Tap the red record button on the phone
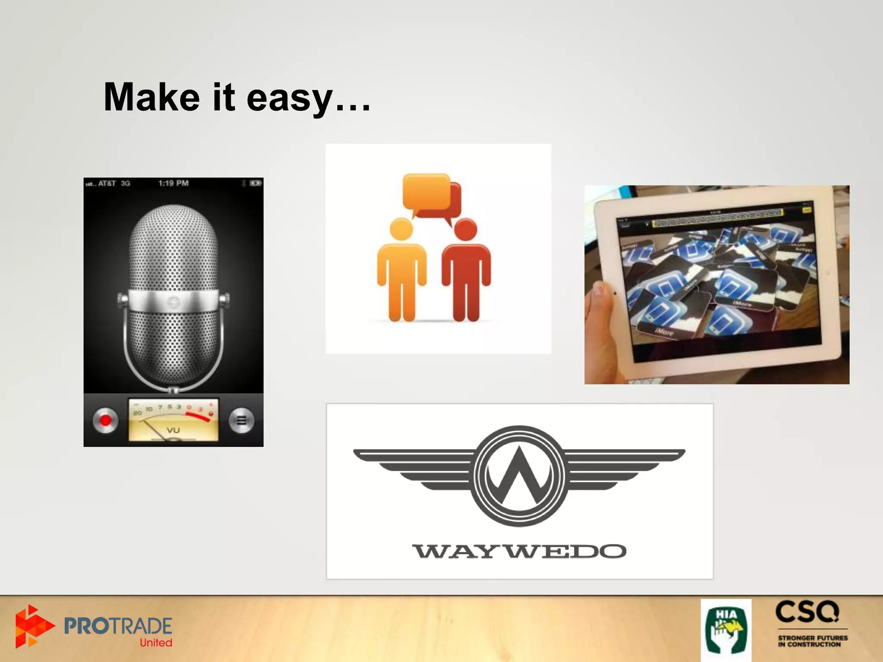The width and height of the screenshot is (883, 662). [x=105, y=420]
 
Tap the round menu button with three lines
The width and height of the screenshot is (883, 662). [x=241, y=420]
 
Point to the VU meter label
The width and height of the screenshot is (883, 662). [x=173, y=430]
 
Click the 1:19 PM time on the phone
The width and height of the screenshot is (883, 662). [x=173, y=183]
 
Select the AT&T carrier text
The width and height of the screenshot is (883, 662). [x=107, y=184]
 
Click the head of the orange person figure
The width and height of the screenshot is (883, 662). [x=401, y=228]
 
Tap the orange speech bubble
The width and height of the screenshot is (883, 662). [x=426, y=191]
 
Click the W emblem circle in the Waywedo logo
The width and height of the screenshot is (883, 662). [x=519, y=476]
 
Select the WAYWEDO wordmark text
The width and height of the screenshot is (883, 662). [x=519, y=551]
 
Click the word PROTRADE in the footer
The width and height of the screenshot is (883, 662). [x=118, y=626]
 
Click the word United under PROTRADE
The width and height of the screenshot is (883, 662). [x=156, y=643]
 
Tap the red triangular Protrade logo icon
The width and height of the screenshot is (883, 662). [x=32, y=626]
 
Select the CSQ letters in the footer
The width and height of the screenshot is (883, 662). [x=807, y=612]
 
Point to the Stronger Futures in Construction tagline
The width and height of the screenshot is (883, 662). [x=812, y=641]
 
